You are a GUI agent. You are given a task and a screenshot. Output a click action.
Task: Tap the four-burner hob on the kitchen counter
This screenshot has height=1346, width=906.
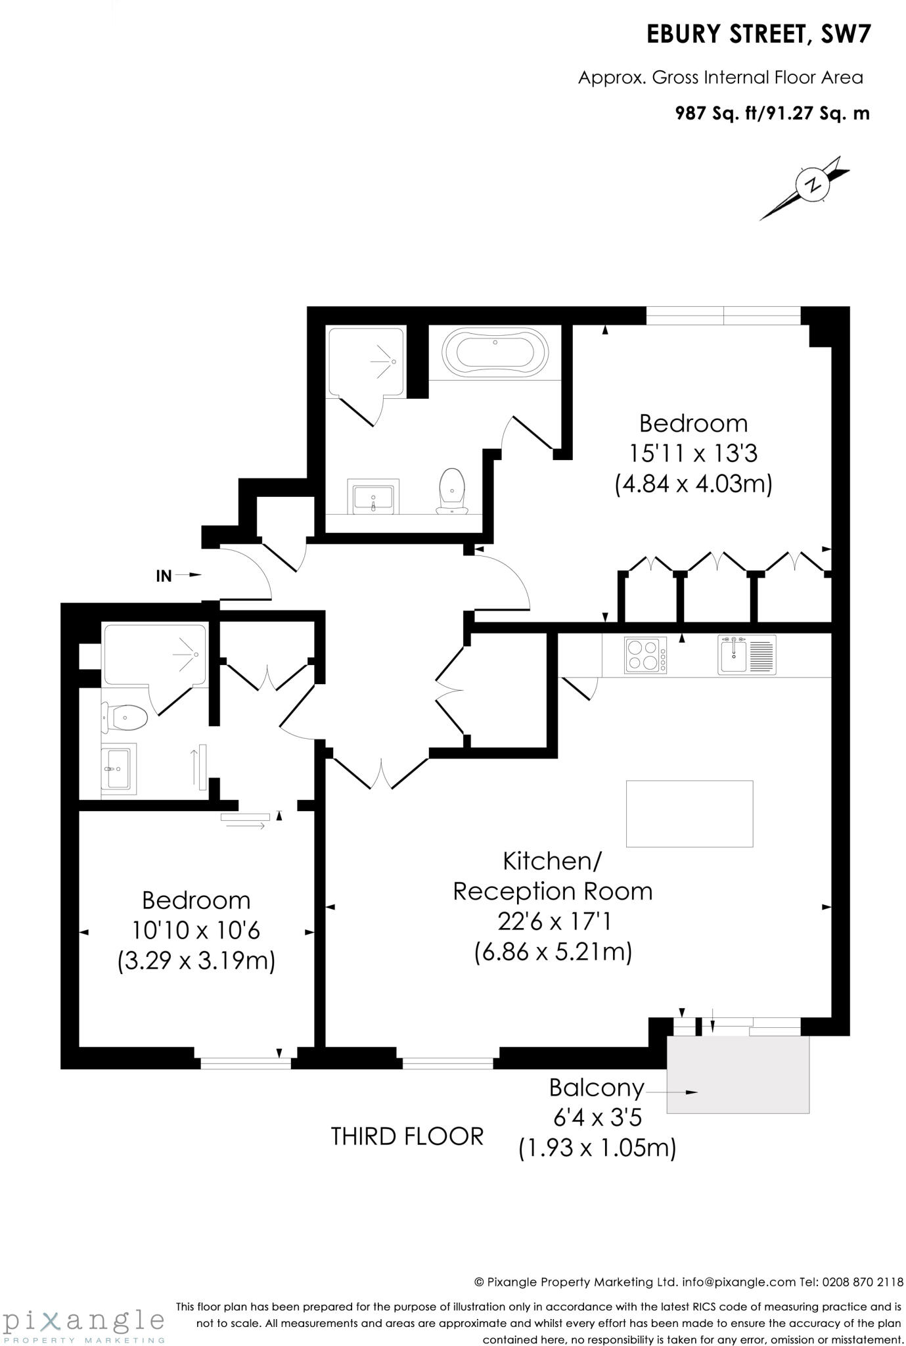[645, 655]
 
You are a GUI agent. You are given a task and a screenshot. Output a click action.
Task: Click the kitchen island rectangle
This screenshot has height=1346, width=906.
[689, 814]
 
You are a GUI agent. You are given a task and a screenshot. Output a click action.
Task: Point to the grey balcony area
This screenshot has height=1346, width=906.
[738, 1074]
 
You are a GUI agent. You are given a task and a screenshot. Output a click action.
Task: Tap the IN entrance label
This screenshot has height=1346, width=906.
[164, 576]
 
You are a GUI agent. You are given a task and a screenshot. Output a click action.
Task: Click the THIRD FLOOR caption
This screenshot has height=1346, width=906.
[407, 1136]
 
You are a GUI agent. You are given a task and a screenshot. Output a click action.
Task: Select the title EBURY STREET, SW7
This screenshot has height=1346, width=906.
[759, 35]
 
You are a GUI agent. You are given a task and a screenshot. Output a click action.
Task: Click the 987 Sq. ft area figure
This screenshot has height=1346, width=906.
[717, 114]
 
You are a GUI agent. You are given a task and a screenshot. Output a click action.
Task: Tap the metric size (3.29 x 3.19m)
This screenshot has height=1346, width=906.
[196, 961]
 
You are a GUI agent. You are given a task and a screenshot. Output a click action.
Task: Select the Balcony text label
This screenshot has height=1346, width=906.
[597, 1088]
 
